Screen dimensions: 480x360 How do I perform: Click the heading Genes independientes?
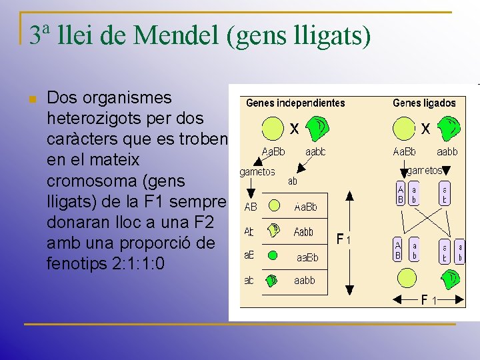[295, 103]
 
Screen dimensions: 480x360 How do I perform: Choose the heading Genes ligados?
[424, 103]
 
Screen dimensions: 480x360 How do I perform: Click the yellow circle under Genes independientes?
[273, 129]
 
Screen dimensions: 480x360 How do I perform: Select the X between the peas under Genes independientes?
[293, 127]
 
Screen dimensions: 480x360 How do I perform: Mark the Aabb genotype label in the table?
[303, 232]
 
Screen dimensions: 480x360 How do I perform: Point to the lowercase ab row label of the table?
[249, 281]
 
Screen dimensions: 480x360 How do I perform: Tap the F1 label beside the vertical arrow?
[343, 239]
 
